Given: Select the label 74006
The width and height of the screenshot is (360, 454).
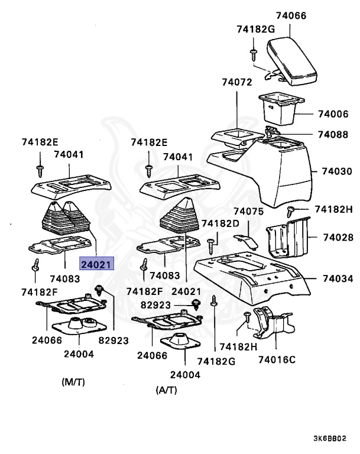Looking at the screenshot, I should tap(333, 113).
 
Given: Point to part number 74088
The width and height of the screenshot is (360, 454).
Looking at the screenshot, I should tap(333, 134).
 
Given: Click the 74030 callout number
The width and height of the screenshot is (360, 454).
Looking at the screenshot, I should tap(337, 171).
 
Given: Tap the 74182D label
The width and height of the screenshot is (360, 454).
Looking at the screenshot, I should tap(220, 223).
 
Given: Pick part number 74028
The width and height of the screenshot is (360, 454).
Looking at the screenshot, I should tap(338, 237).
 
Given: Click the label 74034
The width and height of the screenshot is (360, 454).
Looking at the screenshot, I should tap(338, 278).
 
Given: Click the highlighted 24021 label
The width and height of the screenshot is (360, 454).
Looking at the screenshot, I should tap(96, 264).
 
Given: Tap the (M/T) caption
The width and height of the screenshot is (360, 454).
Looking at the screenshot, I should tap(73, 382).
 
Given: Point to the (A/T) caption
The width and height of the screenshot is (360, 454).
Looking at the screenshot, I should tap(167, 390).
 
